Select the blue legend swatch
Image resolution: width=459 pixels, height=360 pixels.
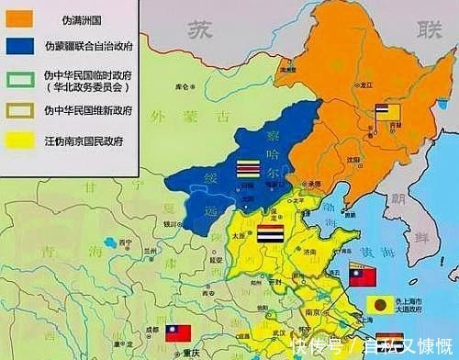[x=20, y=43]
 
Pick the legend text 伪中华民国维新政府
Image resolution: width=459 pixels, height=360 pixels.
[x=88, y=110]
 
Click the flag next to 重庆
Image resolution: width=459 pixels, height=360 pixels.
[x=178, y=332]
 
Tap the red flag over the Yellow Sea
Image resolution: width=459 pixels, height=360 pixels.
[x=361, y=273]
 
